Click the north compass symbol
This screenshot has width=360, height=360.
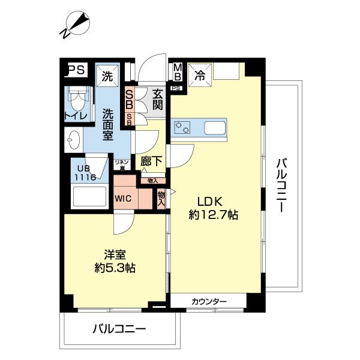pyautogui.click(x=76, y=24)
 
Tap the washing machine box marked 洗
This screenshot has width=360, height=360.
pyautogui.click(x=107, y=76)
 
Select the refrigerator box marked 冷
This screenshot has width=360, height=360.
pyautogui.click(x=200, y=75)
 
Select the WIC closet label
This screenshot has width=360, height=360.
pyautogui.click(x=124, y=198)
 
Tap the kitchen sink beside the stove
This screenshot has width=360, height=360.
pyautogui.click(x=214, y=128)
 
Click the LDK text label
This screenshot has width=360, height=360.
pyautogui.click(x=206, y=202)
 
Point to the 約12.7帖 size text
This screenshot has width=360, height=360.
pyautogui.click(x=214, y=215)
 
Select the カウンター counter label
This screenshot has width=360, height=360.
pyautogui.click(x=209, y=301)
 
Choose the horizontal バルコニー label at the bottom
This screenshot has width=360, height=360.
pyautogui.click(x=119, y=329)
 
